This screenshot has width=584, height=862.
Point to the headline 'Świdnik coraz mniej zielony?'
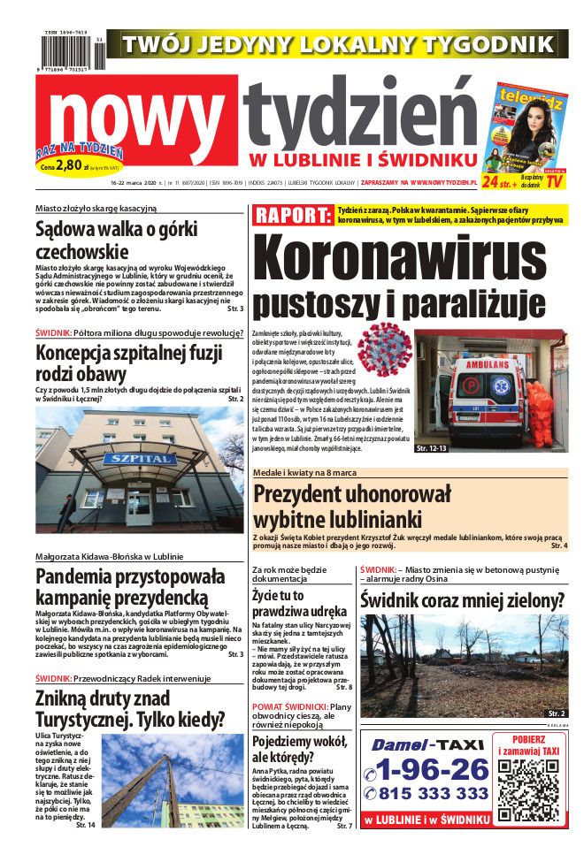pyautogui.click(x=462, y=601)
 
